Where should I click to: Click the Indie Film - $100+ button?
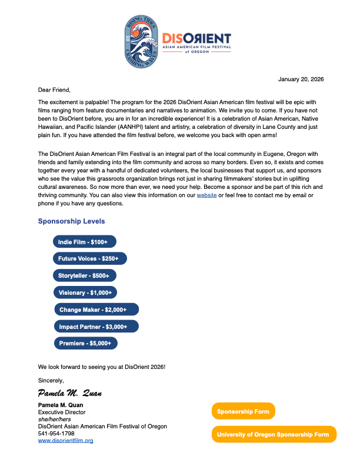point(84,242)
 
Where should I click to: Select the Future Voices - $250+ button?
point(89,258)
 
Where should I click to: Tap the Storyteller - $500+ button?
point(85,275)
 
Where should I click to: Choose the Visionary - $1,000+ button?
point(86,292)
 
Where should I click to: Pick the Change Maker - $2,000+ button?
point(96,309)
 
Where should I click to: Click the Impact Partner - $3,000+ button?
point(96,327)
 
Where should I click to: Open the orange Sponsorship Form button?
point(243,411)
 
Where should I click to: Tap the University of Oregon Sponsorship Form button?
point(274,434)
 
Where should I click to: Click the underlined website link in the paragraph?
point(206,194)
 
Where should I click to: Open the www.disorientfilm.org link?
point(65,440)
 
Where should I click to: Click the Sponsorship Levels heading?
point(71,221)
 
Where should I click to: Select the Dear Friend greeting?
point(54,90)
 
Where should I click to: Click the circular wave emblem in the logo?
point(142,40)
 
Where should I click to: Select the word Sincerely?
point(51,380)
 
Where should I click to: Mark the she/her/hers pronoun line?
point(54,420)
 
